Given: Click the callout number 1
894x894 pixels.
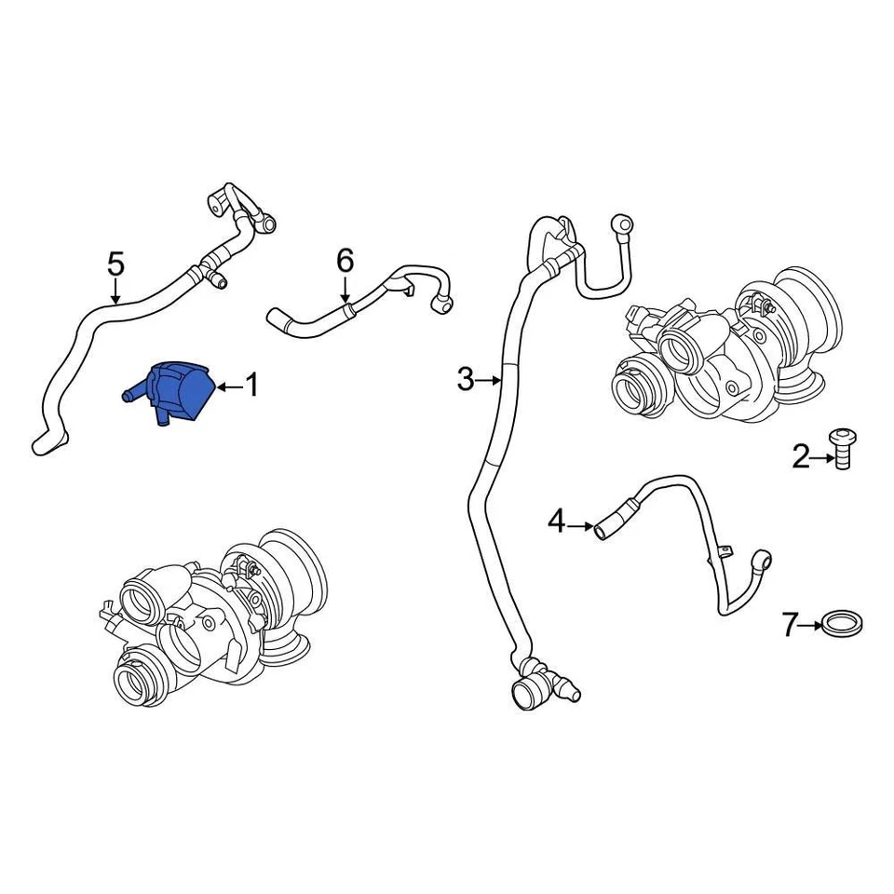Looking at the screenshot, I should click(x=251, y=385).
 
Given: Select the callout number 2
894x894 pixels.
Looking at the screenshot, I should click(x=801, y=457).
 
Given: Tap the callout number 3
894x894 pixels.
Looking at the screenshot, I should click(x=466, y=380).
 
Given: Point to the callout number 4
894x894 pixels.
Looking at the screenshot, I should click(x=556, y=522).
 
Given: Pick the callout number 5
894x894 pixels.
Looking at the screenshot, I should click(x=115, y=264).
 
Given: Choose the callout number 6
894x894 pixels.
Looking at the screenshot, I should click(x=345, y=261).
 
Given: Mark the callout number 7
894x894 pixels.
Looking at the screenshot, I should click(x=790, y=624).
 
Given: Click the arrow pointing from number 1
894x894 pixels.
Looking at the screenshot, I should click(x=227, y=385).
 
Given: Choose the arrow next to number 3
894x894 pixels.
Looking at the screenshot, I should click(x=490, y=380).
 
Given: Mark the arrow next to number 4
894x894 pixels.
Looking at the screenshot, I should click(x=580, y=527).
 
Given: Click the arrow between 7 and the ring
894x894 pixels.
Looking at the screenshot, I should click(x=812, y=624).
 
